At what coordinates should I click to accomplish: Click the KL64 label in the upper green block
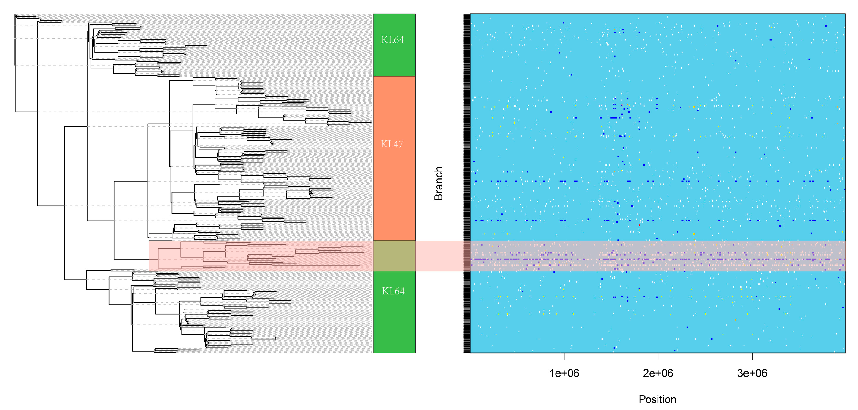[392, 40]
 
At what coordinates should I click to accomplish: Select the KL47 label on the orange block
[392, 144]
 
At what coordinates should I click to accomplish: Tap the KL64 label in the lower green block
[393, 291]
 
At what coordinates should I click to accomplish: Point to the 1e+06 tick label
[564, 373]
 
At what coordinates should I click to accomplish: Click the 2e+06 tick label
[658, 373]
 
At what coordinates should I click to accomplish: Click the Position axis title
[657, 399]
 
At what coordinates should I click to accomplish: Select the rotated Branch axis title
[438, 183]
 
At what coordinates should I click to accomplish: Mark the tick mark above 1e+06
[564, 356]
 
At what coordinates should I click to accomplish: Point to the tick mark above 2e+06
[658, 356]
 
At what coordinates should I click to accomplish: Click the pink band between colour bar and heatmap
[439, 256]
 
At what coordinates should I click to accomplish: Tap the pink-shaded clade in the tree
[260, 256]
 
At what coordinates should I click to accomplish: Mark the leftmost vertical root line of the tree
[16, 63]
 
